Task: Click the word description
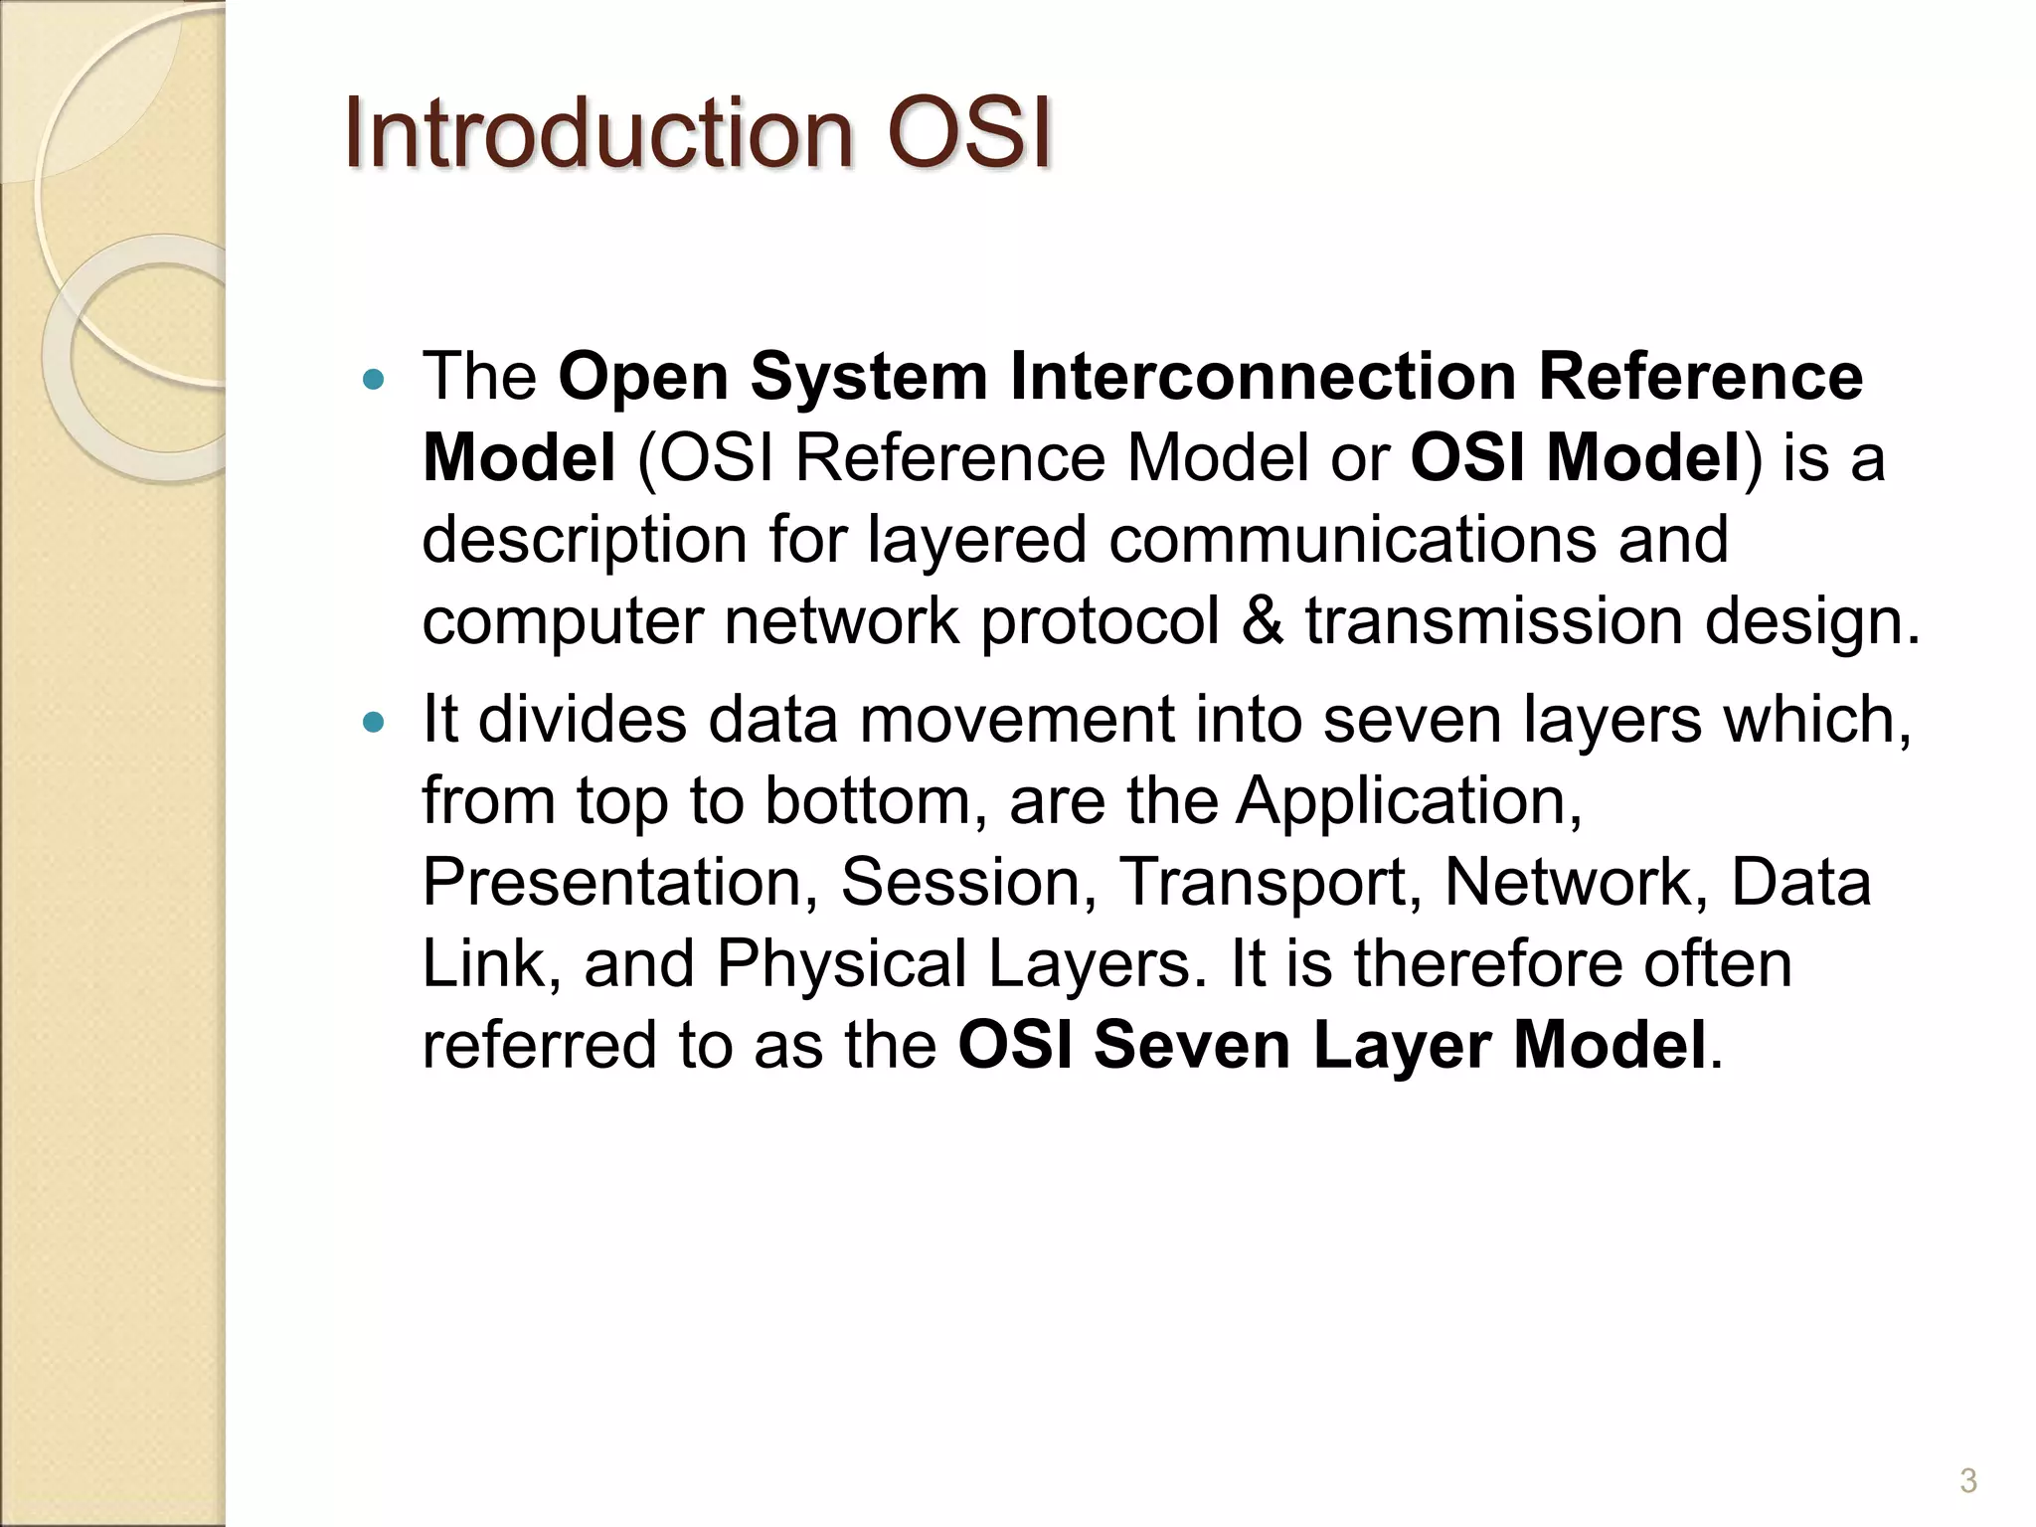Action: tap(584, 541)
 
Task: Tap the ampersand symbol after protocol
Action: tap(1262, 621)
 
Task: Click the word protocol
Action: tap(1100, 623)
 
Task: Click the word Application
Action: tap(1409, 801)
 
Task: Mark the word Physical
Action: tap(842, 965)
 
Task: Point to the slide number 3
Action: tap(1967, 1481)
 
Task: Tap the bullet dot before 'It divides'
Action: tap(374, 722)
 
